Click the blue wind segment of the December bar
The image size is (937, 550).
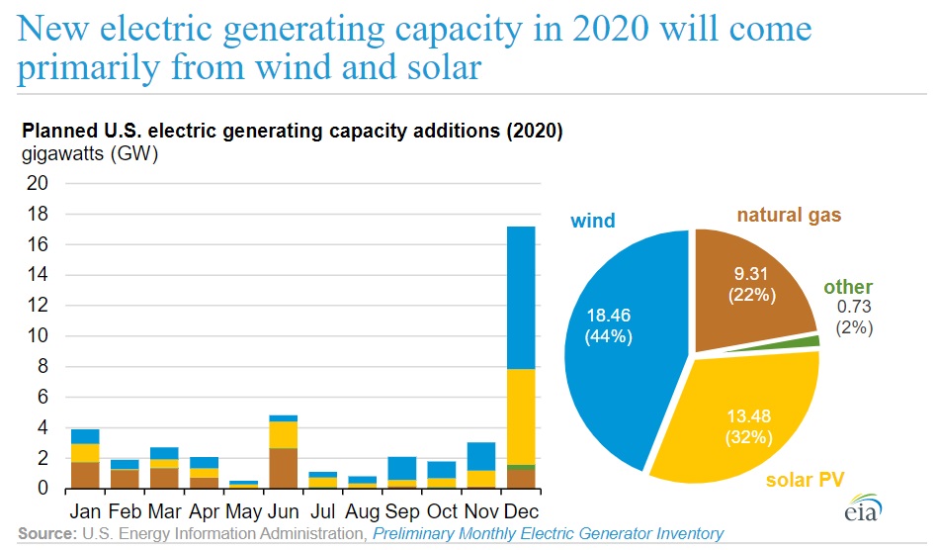pyautogui.click(x=520, y=297)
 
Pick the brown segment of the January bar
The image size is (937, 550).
pyautogui.click(x=85, y=475)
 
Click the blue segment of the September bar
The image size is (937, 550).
pyautogui.click(x=402, y=468)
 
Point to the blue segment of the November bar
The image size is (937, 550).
pyautogui.click(x=481, y=456)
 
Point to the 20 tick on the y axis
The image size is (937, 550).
pyautogui.click(x=38, y=183)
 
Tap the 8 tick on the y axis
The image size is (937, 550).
pyautogui.click(x=42, y=367)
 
